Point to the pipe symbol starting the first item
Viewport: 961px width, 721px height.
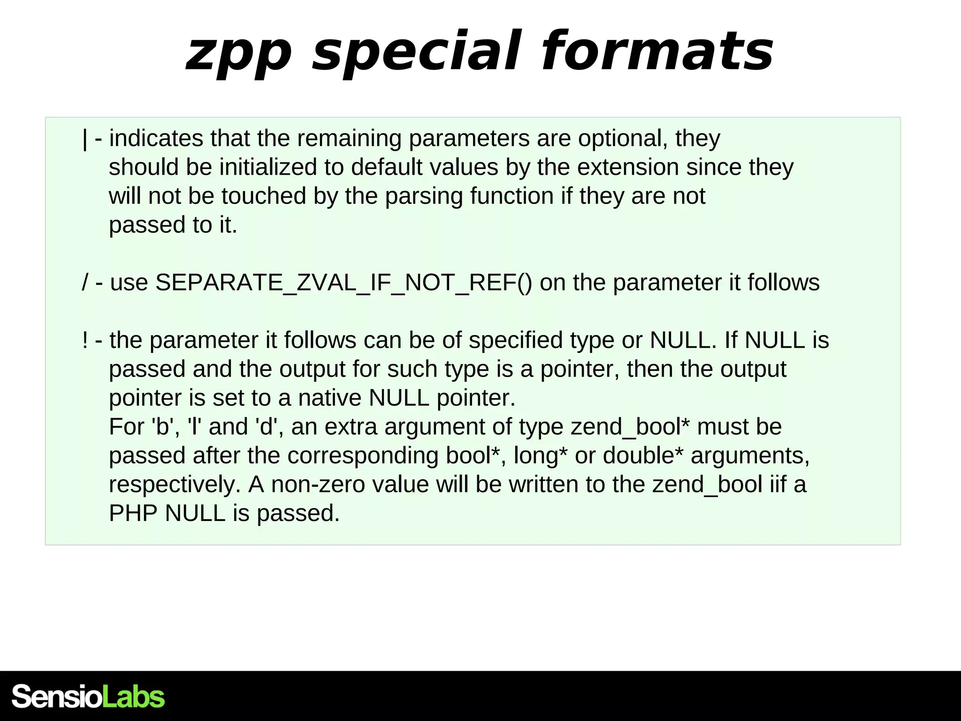[x=85, y=139]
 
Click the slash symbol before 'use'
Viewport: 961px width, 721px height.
[x=85, y=283]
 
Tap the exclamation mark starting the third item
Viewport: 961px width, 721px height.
[x=85, y=340]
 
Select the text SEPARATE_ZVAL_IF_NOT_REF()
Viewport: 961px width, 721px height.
[x=343, y=283]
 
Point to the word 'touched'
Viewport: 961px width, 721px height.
[x=264, y=196]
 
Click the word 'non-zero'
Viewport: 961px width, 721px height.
[x=318, y=485]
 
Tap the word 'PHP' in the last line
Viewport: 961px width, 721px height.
[x=133, y=514]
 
